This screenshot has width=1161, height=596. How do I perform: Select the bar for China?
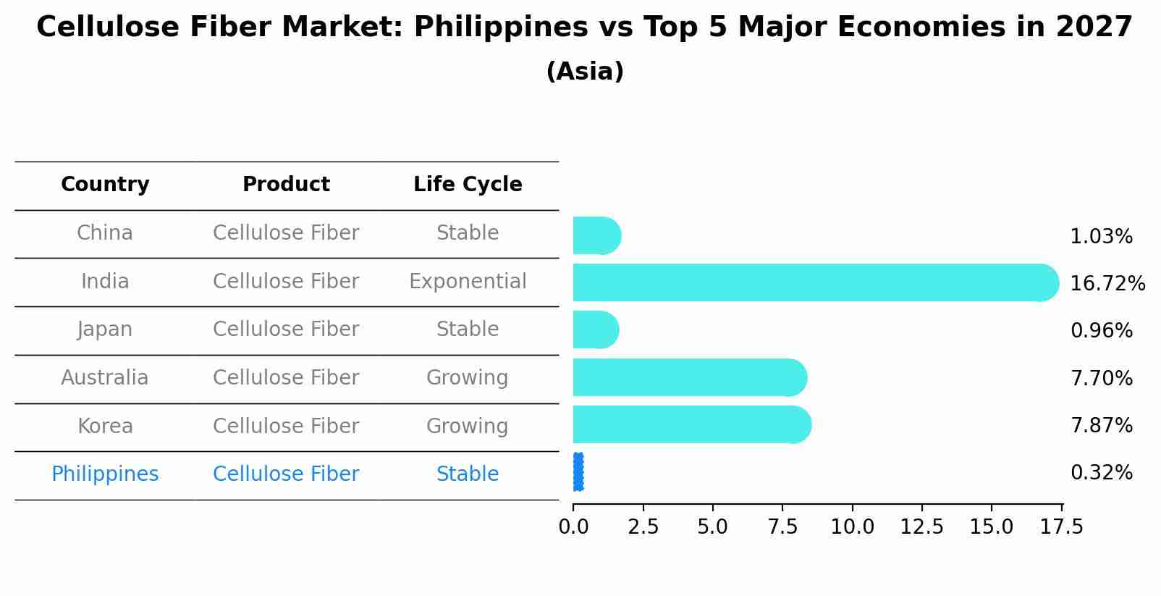596,235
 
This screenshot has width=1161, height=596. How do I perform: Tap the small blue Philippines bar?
578,472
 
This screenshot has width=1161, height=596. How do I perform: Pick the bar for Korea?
691,424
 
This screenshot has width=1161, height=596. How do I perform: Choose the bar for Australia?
689,377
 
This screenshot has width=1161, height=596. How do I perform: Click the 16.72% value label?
1107,283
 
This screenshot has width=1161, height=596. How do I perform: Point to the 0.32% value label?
1101,473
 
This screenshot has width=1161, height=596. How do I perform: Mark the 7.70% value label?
1101,378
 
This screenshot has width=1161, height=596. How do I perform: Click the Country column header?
105,185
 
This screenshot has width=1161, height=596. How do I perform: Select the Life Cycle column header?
468,185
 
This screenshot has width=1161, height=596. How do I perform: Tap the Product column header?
286,185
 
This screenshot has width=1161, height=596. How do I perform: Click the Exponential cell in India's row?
468,282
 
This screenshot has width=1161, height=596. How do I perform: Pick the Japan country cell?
105,330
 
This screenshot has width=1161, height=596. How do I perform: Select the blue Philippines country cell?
105,474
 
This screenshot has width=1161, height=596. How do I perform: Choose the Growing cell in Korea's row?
468,427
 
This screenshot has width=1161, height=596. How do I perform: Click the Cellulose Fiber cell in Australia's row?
286,378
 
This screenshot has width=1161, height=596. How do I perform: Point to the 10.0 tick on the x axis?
852,526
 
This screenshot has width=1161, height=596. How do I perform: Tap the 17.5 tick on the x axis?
1062,526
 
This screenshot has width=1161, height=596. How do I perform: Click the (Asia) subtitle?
585,72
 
